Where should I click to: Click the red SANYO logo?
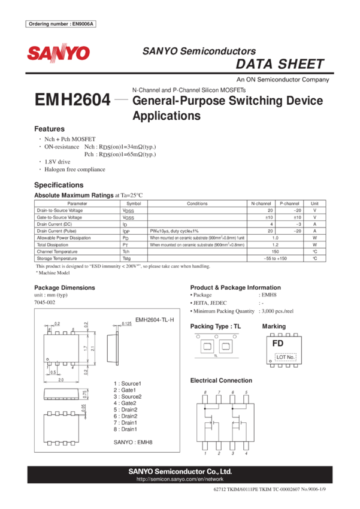pos(58,53)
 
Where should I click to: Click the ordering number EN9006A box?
pos(62,24)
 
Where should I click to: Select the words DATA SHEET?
pos(280,65)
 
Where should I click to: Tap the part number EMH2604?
pos(73,100)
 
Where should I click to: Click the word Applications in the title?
pos(166,116)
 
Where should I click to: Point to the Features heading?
pos(49,129)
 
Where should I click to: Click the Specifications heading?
pos(59,185)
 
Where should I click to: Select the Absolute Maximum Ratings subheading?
pos(73,195)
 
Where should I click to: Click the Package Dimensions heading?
pos(64,288)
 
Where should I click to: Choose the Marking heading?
pos(274,326)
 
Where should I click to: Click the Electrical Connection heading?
pos(221,381)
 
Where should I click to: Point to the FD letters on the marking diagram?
pos(277,344)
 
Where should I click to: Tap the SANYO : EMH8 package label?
pos(133,442)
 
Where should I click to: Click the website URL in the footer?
pos(180,480)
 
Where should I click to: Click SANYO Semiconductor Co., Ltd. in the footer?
pos(180,471)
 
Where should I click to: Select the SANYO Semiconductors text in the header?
pos(199,51)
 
